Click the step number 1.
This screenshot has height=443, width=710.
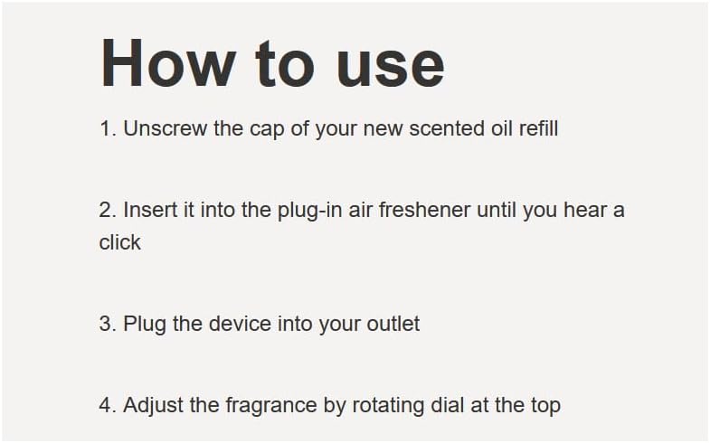pyautogui.click(x=107, y=128)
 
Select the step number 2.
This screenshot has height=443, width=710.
pyautogui.click(x=107, y=211)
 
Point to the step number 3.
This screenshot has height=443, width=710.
pyautogui.click(x=107, y=324)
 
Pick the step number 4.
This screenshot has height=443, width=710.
pyautogui.click(x=107, y=405)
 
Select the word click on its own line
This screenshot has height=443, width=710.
pyautogui.click(x=120, y=242)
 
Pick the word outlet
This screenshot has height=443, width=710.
pyautogui.click(x=393, y=324)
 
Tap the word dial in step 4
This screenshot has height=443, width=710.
pyautogui.click(x=450, y=405)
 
